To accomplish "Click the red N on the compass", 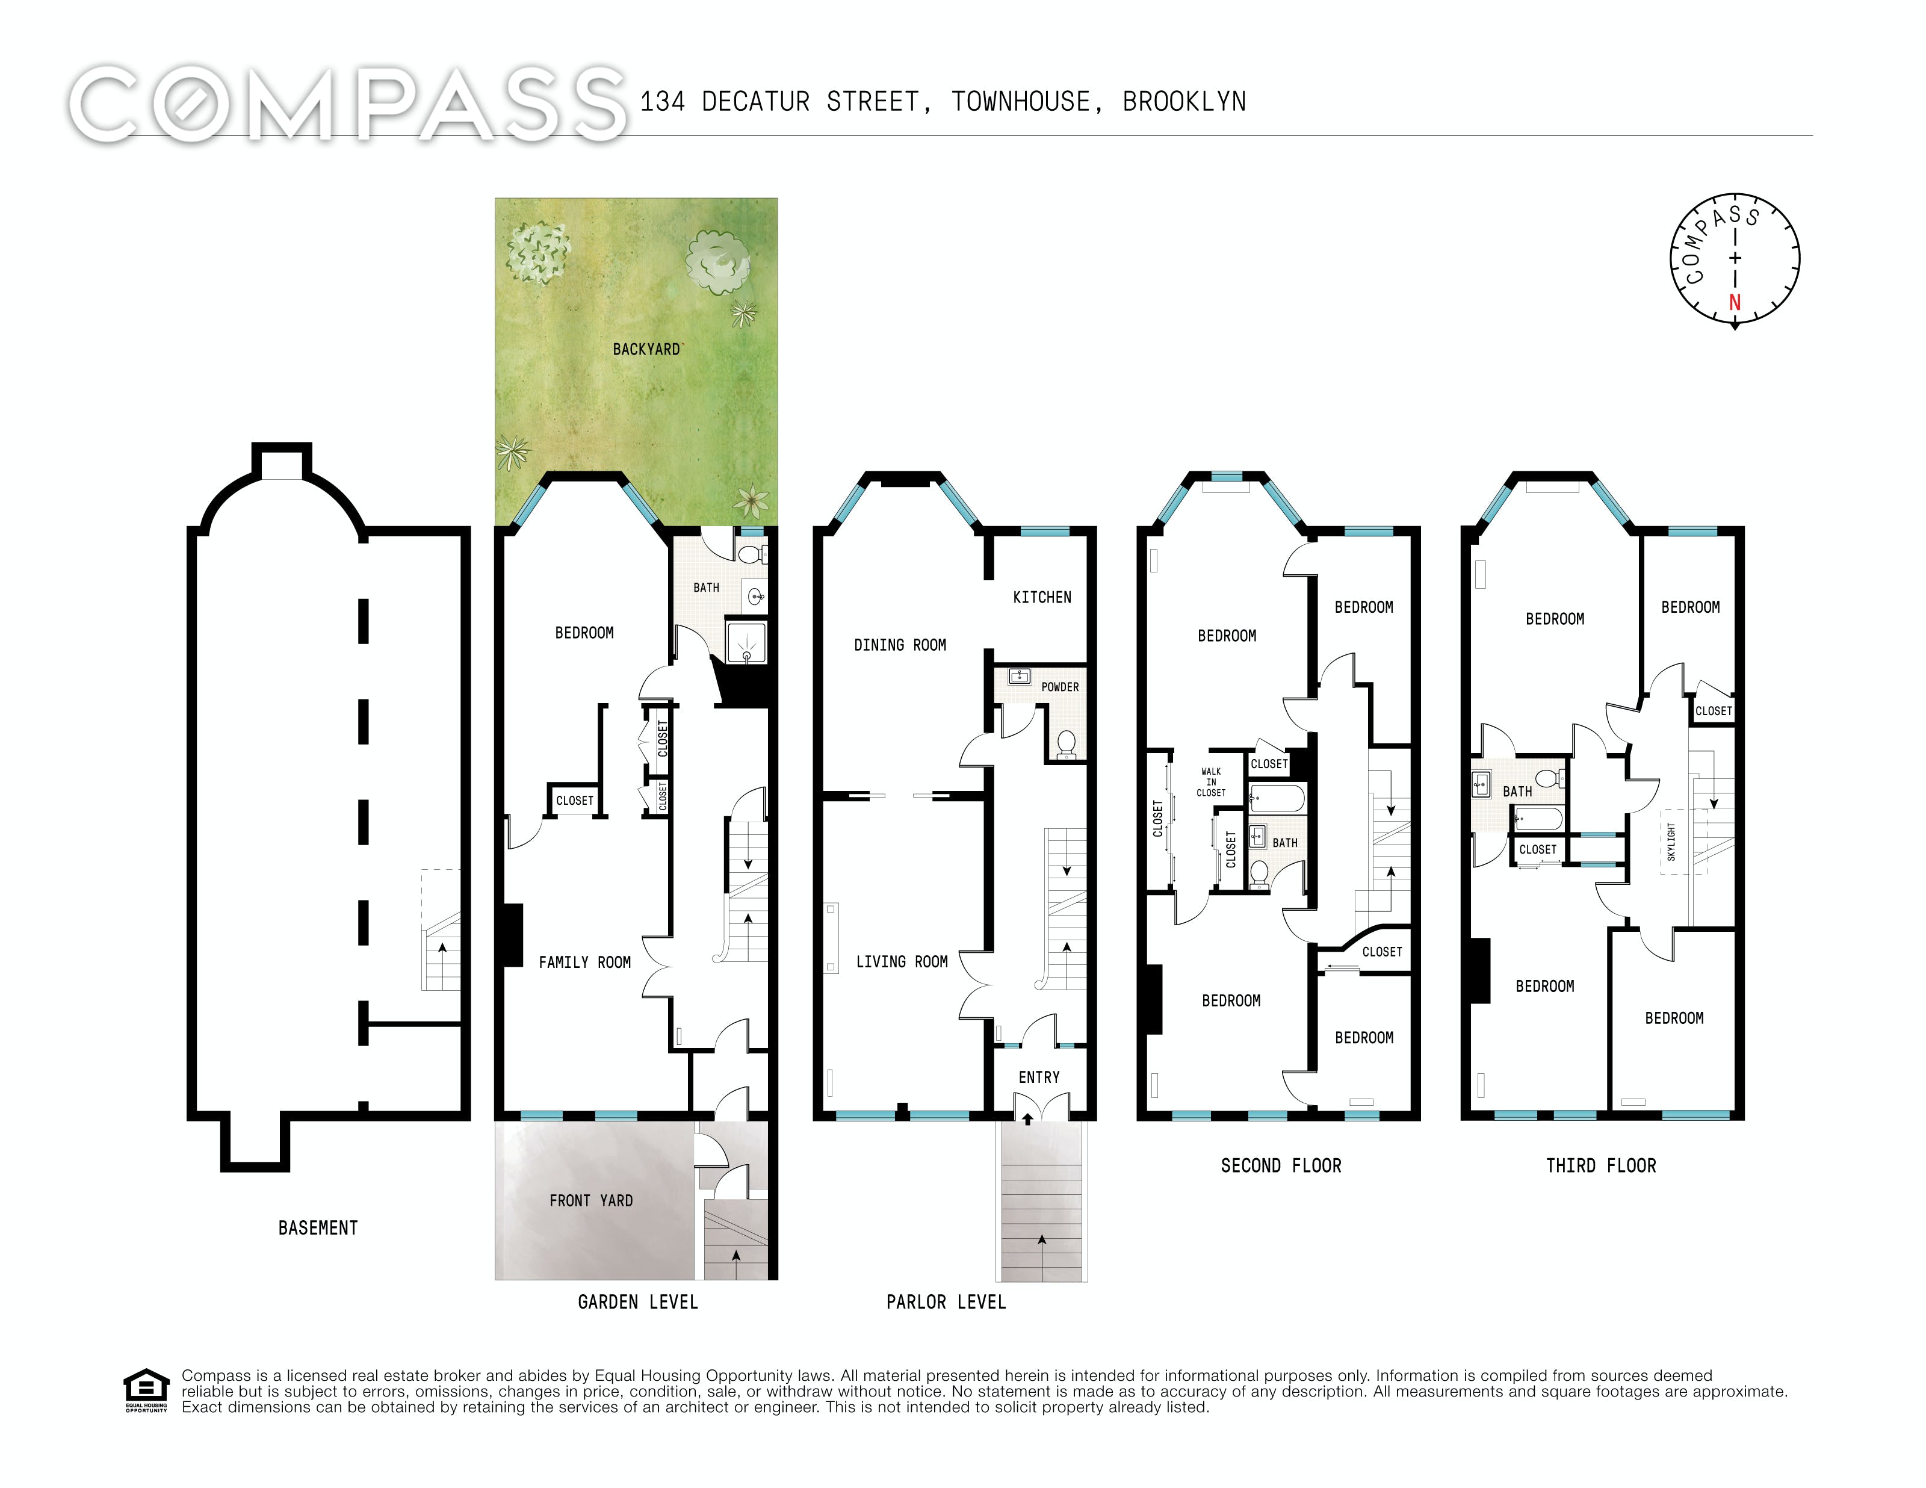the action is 1735,303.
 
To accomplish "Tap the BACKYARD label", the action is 646,349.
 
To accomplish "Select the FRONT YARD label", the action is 591,1200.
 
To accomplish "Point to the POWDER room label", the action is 1059,687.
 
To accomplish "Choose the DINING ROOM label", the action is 900,645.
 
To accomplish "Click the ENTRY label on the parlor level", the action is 1039,1077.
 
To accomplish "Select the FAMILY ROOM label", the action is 584,963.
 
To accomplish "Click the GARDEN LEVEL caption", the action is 637,1302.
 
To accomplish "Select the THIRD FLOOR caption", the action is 1600,1165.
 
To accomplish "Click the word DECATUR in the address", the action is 756,102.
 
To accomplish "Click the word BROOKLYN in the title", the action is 1184,102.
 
